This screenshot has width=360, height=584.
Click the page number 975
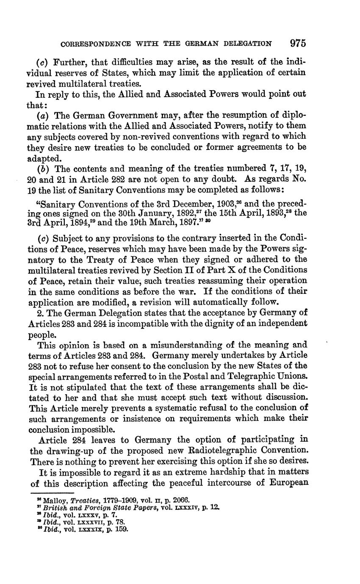click(298, 43)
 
